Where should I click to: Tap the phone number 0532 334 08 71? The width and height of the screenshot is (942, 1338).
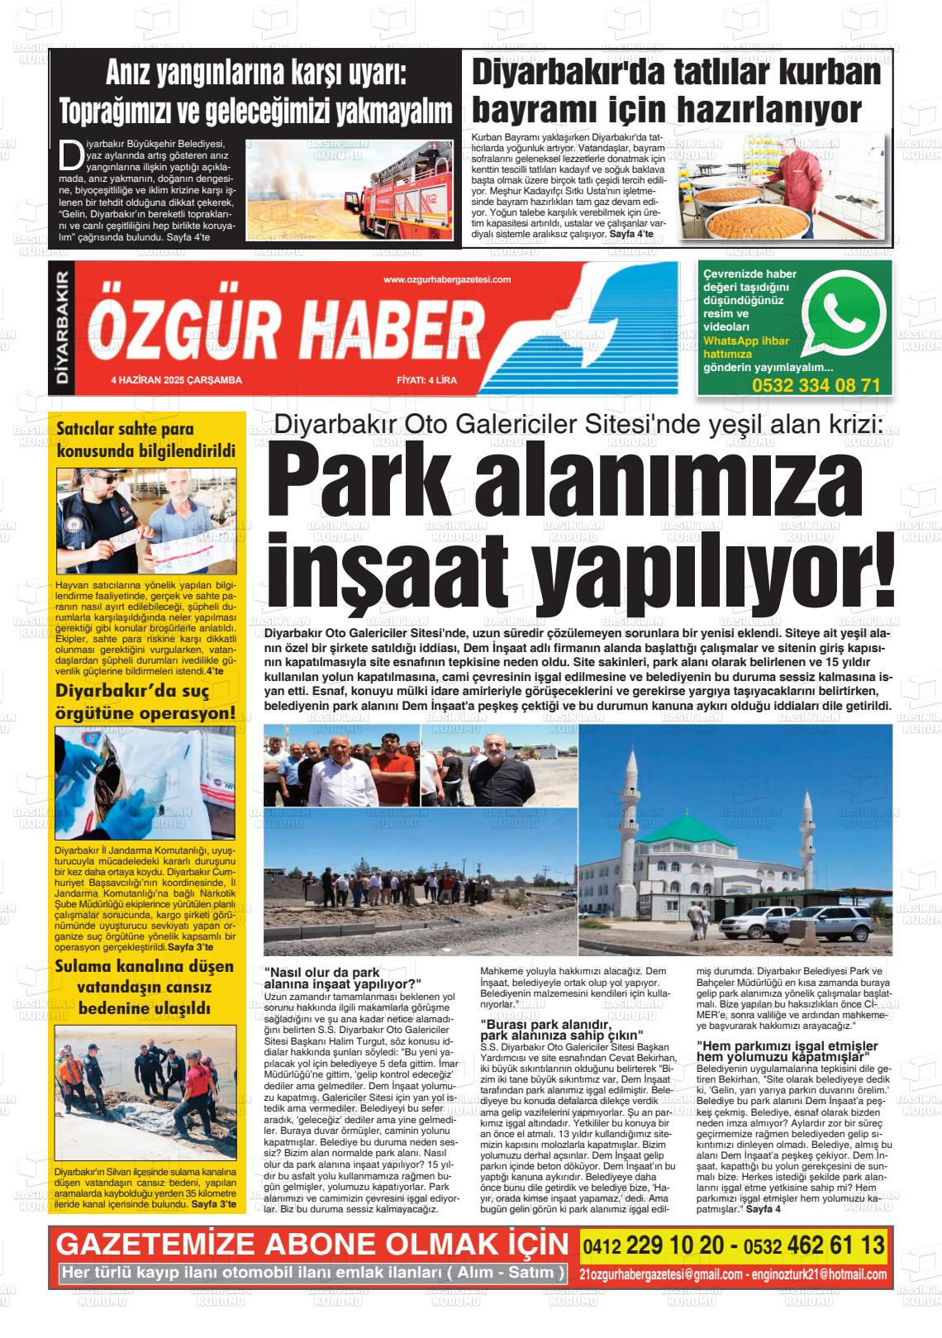(816, 385)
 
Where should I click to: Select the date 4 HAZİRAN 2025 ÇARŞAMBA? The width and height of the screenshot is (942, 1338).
(176, 380)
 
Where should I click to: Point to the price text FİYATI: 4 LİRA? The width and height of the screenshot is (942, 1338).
(427, 380)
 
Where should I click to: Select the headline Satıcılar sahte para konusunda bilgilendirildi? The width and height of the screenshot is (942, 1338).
(146, 440)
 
